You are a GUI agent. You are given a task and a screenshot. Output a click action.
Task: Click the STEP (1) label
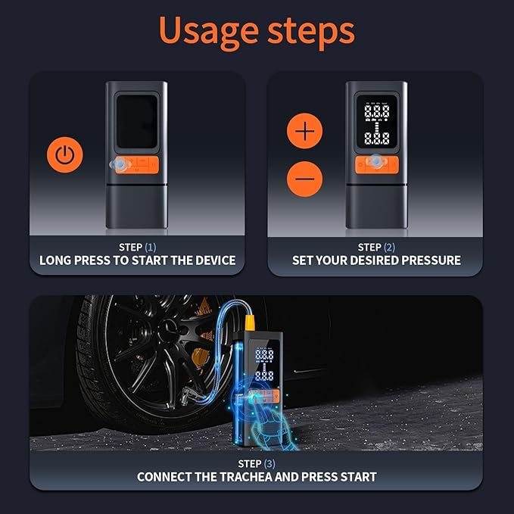pyautogui.click(x=137, y=247)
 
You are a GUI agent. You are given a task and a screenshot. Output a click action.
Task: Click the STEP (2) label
pyautogui.click(x=376, y=247)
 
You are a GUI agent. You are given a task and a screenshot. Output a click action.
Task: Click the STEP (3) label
pyautogui.click(x=256, y=463)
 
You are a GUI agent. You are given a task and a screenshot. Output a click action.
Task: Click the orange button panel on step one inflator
pyautogui.click(x=136, y=164)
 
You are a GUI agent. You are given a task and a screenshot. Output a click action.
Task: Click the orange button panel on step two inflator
pyautogui.click(x=376, y=164)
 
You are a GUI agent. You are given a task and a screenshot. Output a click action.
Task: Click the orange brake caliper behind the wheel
pyautogui.click(x=199, y=357)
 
